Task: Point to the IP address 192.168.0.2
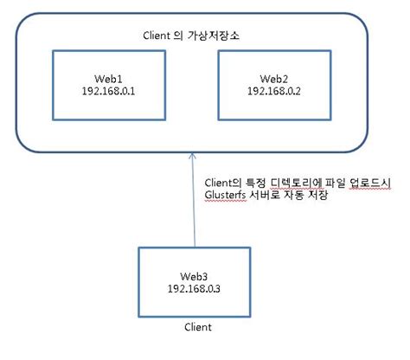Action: point(273,89)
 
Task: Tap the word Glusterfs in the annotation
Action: point(227,196)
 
